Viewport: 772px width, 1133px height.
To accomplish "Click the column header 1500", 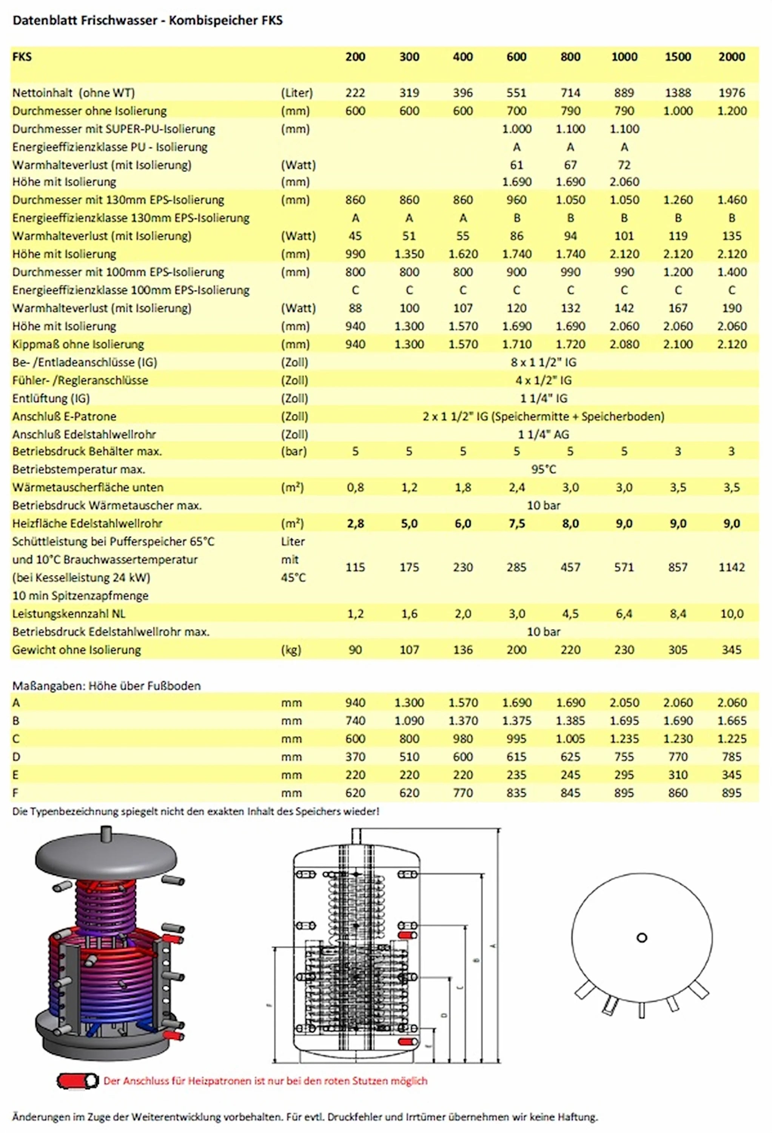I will pyautogui.click(x=678, y=57).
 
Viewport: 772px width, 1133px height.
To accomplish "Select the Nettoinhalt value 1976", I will pyautogui.click(x=732, y=93).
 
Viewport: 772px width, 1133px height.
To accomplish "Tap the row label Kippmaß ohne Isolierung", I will pyautogui.click(x=78, y=344).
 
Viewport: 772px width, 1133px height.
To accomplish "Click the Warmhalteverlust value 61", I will pyautogui.click(x=516, y=165).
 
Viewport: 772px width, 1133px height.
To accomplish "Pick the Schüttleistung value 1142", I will pyautogui.click(x=732, y=567).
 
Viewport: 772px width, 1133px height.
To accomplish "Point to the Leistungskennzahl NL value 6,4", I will pyautogui.click(x=624, y=613).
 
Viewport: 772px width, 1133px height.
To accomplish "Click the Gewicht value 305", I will pyautogui.click(x=678, y=649).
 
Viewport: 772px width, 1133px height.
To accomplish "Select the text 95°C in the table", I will pyautogui.click(x=544, y=469).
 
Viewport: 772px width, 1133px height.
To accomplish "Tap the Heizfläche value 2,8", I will pyautogui.click(x=355, y=523).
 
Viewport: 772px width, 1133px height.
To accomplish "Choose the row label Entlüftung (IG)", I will pyautogui.click(x=51, y=398).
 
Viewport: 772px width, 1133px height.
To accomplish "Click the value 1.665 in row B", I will pyautogui.click(x=732, y=721).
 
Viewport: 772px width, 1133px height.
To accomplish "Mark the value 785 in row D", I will pyautogui.click(x=732, y=756).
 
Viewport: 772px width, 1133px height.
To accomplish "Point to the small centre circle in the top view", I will pyautogui.click(x=642, y=937).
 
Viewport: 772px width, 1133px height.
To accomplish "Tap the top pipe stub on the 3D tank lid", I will pyautogui.click(x=106, y=833).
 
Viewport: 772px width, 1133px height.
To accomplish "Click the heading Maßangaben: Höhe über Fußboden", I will pyautogui.click(x=106, y=685).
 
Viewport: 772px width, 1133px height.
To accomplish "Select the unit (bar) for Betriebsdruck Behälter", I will pyautogui.click(x=294, y=451).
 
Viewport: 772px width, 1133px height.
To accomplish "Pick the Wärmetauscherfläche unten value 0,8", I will pyautogui.click(x=355, y=487).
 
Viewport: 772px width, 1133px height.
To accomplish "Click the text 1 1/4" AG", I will pyautogui.click(x=544, y=434).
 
